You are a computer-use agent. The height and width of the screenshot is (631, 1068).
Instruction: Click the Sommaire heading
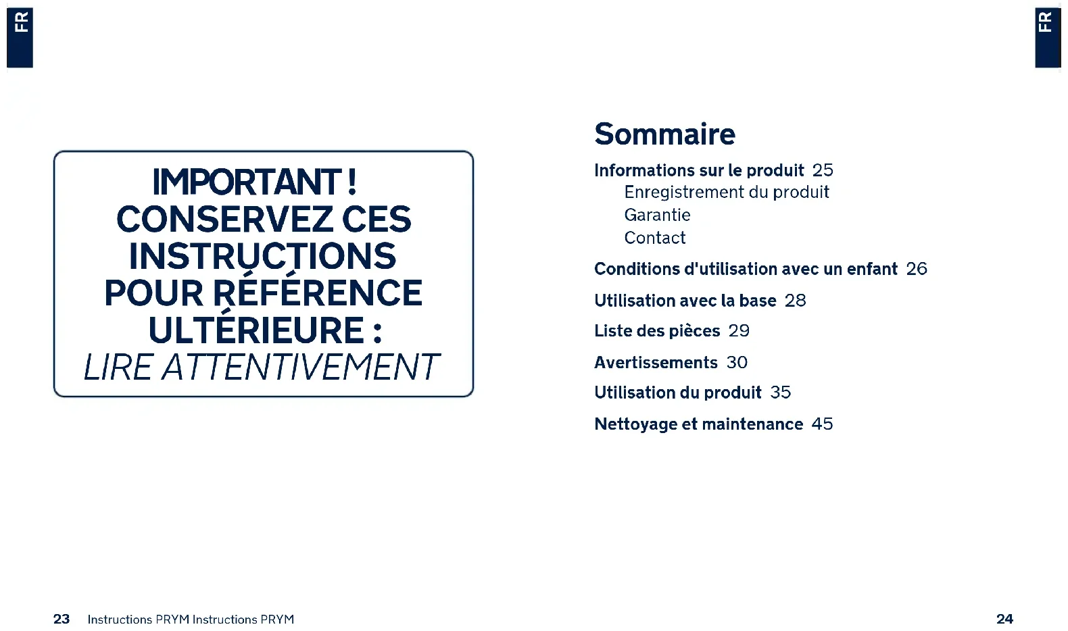[x=664, y=134]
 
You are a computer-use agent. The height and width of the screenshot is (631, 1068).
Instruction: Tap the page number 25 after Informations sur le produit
[x=823, y=170]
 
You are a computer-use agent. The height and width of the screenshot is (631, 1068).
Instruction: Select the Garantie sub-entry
[x=657, y=215]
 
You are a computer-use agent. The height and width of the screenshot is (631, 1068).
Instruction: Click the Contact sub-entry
[x=654, y=237]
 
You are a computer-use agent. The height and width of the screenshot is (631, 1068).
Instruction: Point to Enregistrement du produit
[x=727, y=192]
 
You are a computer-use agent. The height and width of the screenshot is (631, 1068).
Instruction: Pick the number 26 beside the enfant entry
[x=917, y=269]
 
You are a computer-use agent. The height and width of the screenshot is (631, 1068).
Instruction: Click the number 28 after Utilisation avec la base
[x=796, y=300]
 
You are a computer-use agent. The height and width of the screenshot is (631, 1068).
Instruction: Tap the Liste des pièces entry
[x=657, y=331]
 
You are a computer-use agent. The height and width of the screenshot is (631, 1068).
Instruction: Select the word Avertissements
[x=656, y=363]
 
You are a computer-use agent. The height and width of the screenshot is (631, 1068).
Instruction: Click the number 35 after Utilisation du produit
[x=781, y=393]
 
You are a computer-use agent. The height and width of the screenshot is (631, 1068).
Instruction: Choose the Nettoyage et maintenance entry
[x=698, y=424]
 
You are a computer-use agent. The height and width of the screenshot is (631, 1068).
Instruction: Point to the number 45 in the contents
[x=823, y=424]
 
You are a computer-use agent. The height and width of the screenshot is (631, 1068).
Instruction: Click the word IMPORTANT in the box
[x=246, y=182]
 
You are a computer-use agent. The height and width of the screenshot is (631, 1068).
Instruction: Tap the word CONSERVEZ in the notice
[x=224, y=220]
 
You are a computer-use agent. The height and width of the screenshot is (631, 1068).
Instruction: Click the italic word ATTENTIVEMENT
[x=300, y=368]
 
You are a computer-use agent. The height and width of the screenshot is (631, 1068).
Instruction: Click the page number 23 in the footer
[x=62, y=619]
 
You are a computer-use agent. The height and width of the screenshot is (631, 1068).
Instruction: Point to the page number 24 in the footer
[x=1004, y=619]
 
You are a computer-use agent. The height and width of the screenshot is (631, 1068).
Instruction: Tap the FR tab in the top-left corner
[x=20, y=37]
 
